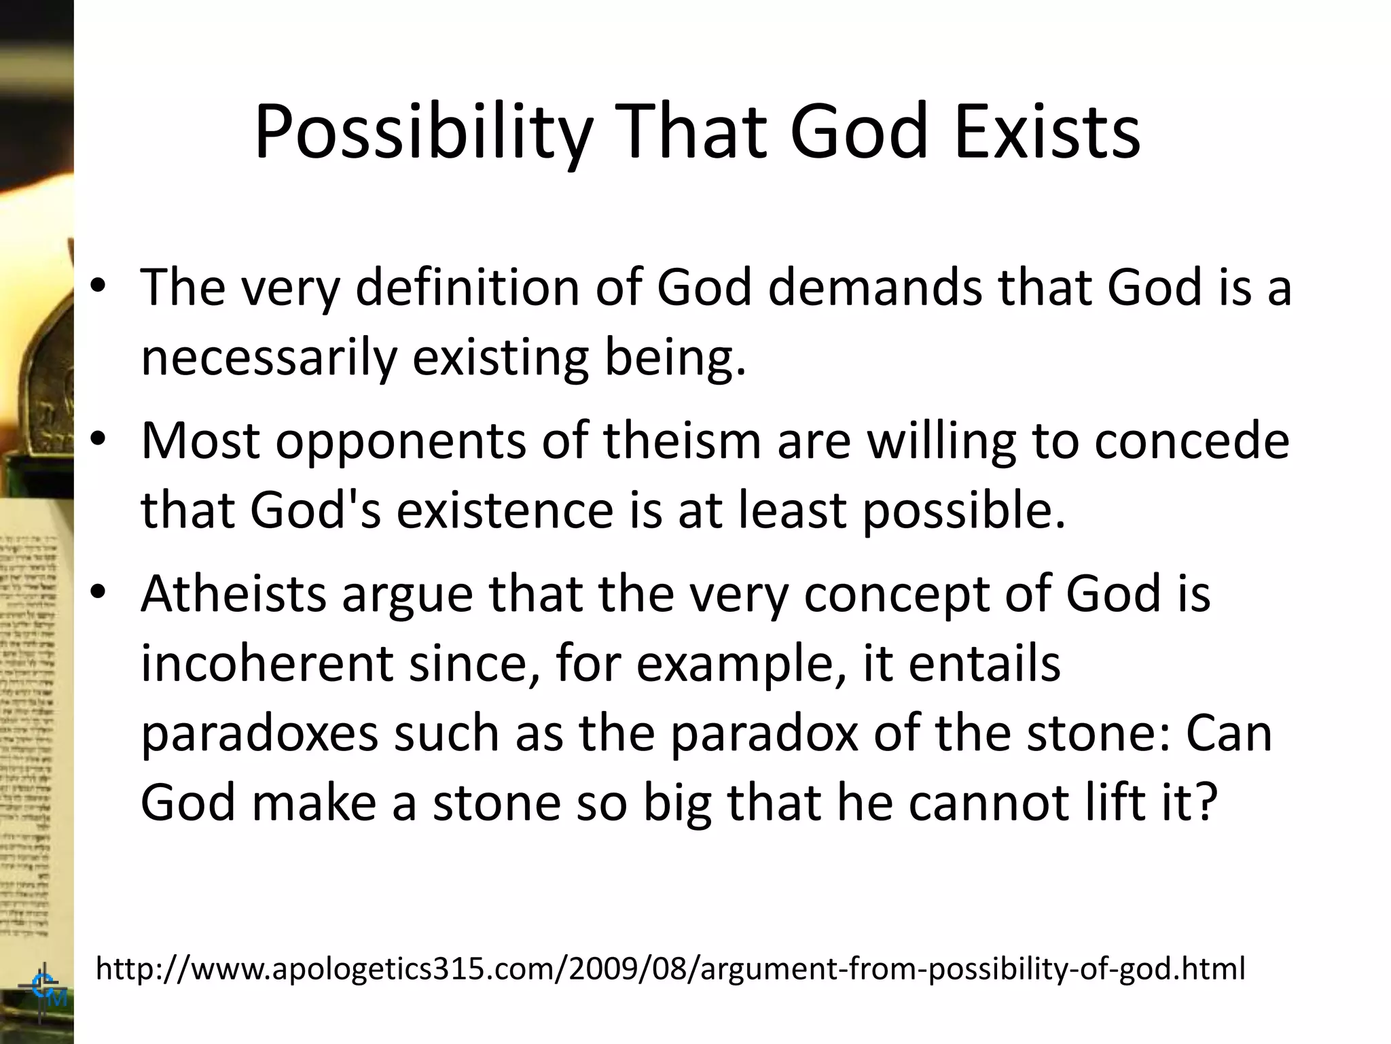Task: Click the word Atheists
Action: click(x=234, y=593)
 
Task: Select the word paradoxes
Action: click(x=259, y=734)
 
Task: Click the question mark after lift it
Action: click(x=1204, y=802)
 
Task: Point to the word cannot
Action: click(x=977, y=802)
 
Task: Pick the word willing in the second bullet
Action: click(x=941, y=440)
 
